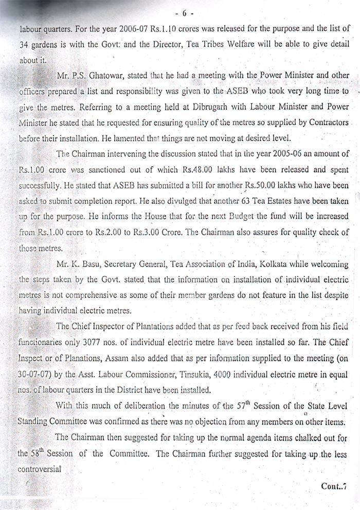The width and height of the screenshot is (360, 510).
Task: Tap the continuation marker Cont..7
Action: (x=337, y=486)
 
